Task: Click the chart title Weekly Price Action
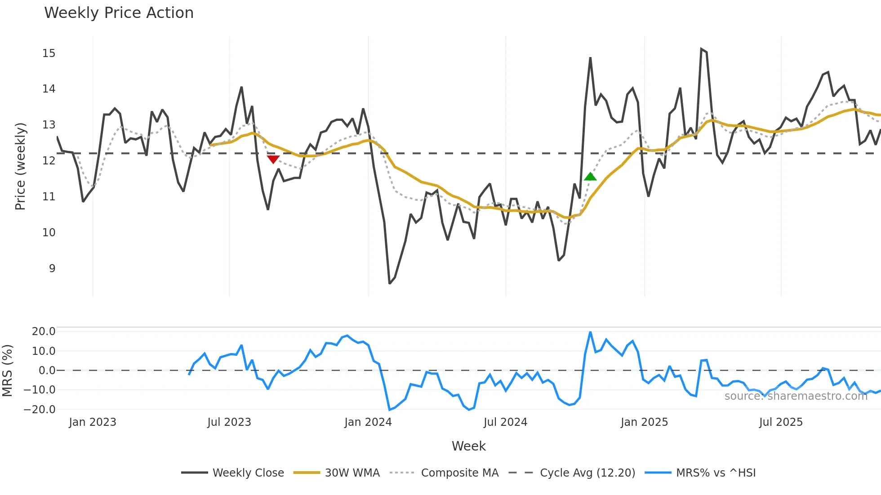pos(119,13)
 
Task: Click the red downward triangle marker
pos(273,159)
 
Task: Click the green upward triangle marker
pos(590,177)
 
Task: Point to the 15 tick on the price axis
pos(49,53)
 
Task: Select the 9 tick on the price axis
pos(52,269)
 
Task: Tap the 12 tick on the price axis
pos(49,161)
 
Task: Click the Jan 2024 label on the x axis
pos(368,422)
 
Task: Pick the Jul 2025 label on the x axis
pos(781,422)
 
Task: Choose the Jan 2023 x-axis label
pos(92,422)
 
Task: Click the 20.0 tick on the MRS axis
pos(44,331)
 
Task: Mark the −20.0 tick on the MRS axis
pos(40,410)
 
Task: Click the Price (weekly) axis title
pos(20,166)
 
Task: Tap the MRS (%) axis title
pos(7,371)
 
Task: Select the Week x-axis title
pos(468,446)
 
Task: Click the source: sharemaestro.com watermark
pos(796,396)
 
